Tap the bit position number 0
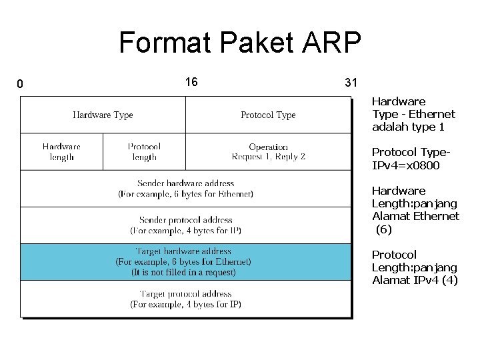pyautogui.click(x=20, y=84)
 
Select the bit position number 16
pyautogui.click(x=191, y=82)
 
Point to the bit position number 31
pyautogui.click(x=351, y=83)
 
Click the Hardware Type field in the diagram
pyautogui.click(x=103, y=115)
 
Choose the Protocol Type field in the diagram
pyautogui.click(x=268, y=115)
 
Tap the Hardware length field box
pyautogui.click(x=61, y=152)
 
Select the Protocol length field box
pyautogui.click(x=144, y=152)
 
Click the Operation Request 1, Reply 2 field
pyautogui.click(x=268, y=152)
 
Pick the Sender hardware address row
pyautogui.click(x=185, y=189)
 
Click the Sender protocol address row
pyautogui.click(x=185, y=225)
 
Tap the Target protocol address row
pyautogui.click(x=185, y=299)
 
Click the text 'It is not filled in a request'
pyautogui.click(x=183, y=272)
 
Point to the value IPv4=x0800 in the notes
pyautogui.click(x=406, y=165)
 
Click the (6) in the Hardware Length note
pyautogui.click(x=384, y=229)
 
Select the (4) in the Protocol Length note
pyautogui.click(x=450, y=280)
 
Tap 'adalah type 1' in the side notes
pyautogui.click(x=408, y=127)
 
